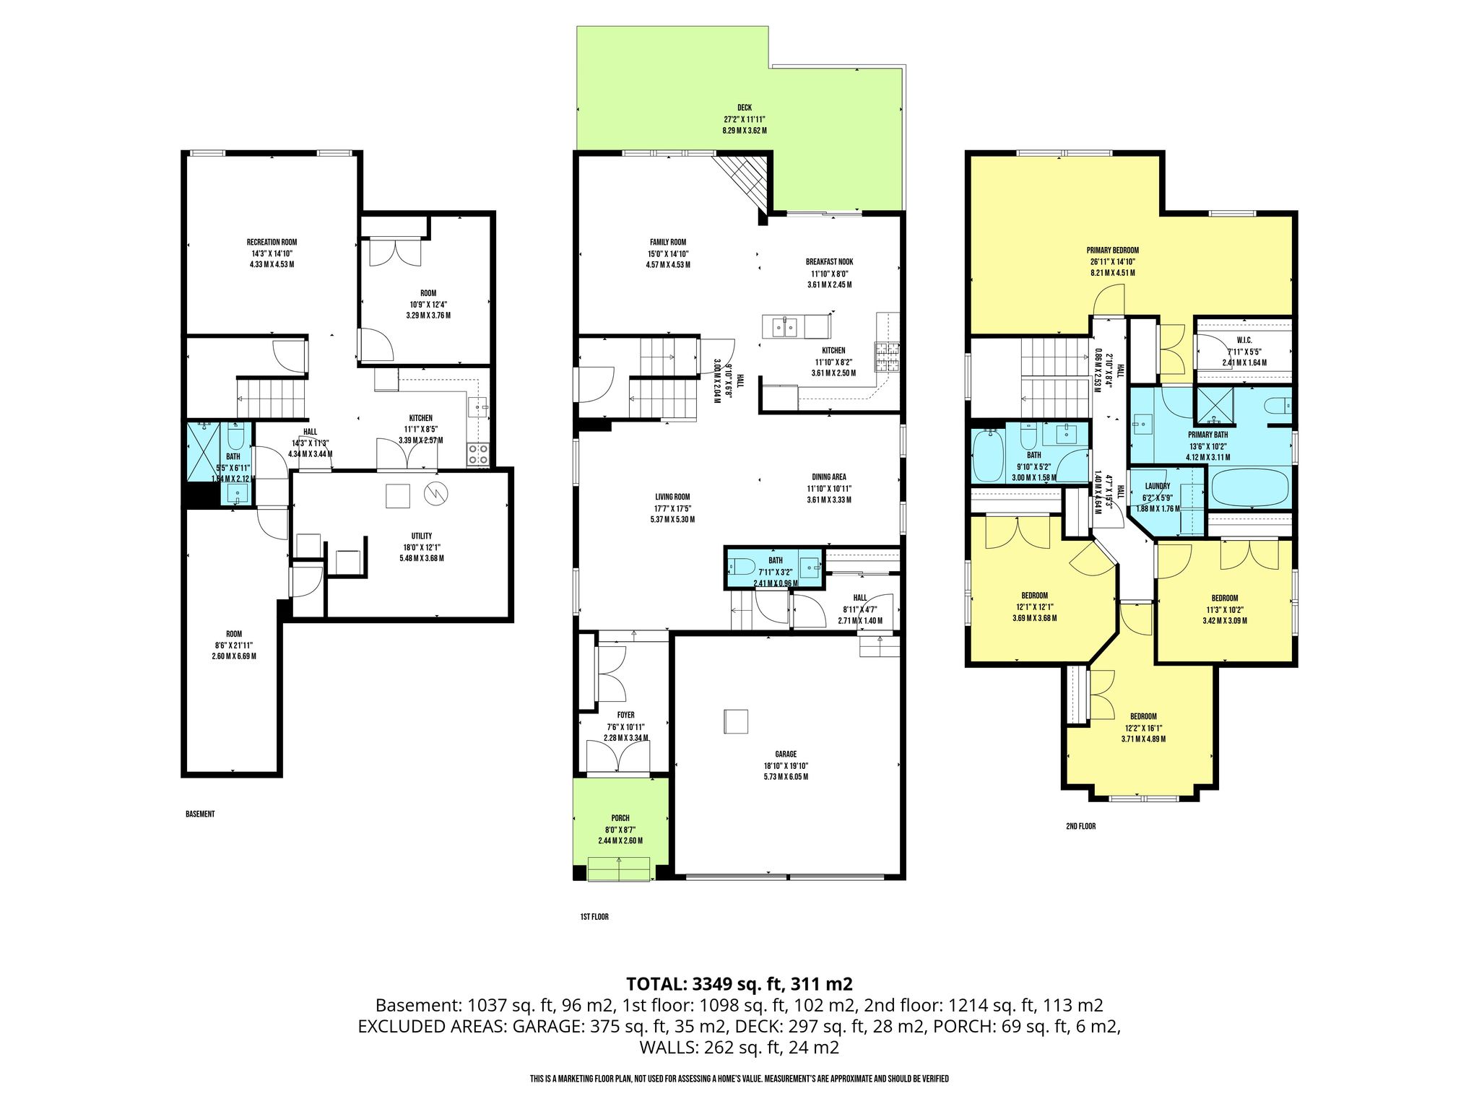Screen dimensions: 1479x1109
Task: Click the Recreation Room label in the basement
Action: [272, 242]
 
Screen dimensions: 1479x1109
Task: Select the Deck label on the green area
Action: [744, 108]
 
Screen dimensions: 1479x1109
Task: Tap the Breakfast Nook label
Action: [829, 262]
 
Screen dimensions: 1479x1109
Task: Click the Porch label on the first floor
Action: [620, 818]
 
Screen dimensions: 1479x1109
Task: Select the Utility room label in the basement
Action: [422, 536]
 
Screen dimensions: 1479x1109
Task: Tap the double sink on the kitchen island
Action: [784, 327]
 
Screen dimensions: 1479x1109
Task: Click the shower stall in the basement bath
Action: [204, 451]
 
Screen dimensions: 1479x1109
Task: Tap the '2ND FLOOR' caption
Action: [1080, 826]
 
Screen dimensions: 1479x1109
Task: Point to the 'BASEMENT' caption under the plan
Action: [200, 814]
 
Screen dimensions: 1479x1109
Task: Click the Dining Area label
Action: [828, 477]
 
